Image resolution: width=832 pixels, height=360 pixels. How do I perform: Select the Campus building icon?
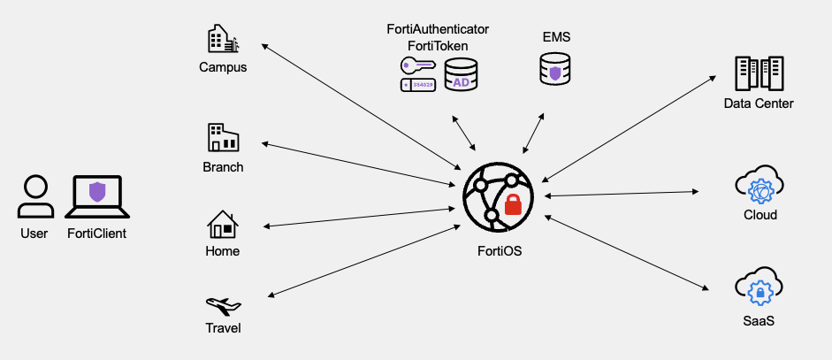223,40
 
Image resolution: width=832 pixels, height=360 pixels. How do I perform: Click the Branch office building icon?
223,138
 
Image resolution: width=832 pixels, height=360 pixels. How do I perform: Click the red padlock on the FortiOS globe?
513,206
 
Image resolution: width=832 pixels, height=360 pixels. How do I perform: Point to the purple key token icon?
416,65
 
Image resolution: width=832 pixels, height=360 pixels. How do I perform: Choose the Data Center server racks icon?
759,74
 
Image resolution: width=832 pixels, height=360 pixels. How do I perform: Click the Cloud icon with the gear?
759,187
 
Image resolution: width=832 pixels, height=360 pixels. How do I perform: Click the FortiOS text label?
499,251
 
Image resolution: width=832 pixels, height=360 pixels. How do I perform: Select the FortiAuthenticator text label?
438,29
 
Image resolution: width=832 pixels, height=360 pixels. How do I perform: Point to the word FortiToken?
438,45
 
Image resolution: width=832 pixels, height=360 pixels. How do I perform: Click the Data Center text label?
759,104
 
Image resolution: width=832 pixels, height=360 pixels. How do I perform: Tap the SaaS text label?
759,321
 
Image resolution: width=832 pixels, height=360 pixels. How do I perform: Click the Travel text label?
223,328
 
